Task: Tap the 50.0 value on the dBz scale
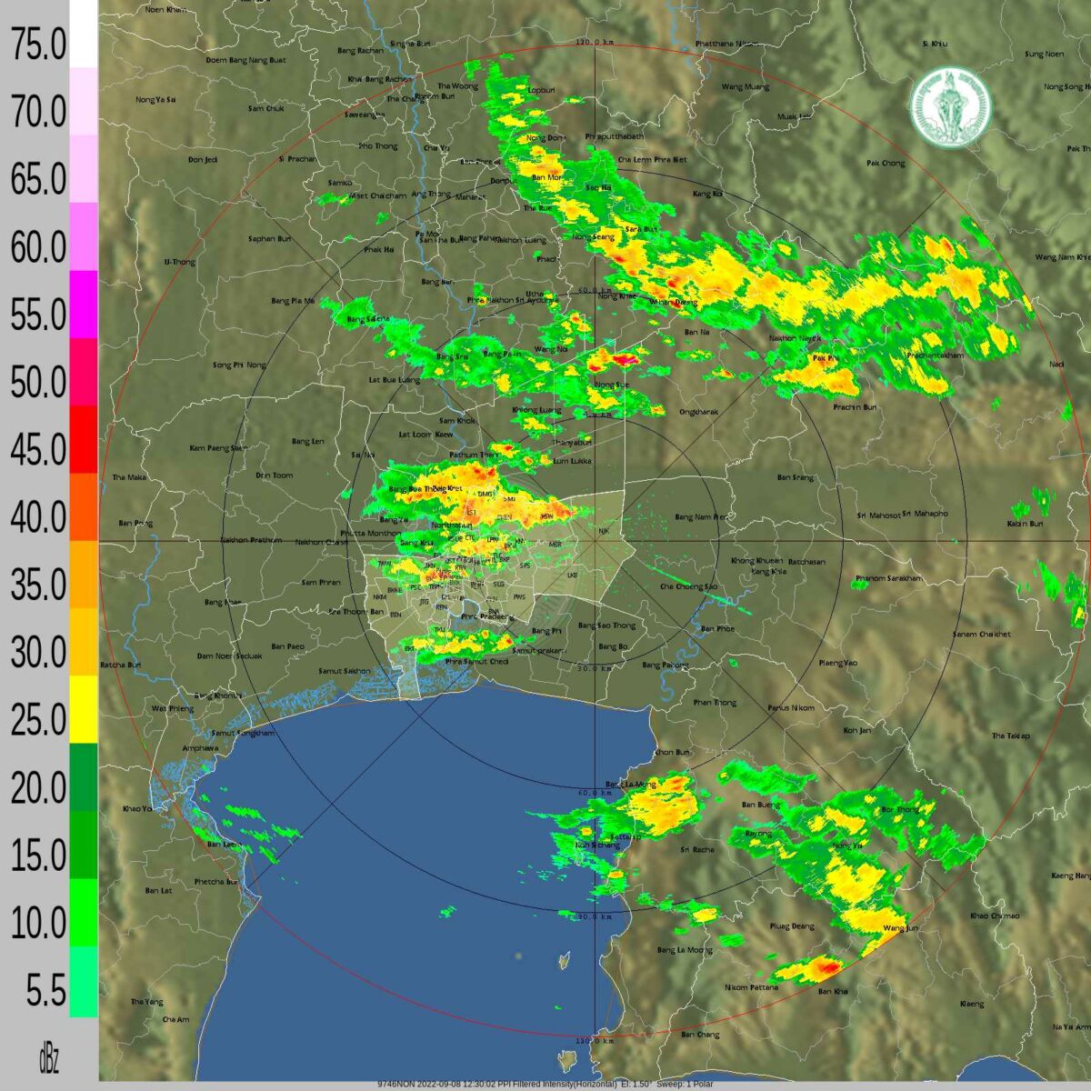pos(38,384)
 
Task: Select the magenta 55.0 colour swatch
pos(84,305)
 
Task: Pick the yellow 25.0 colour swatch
pos(84,709)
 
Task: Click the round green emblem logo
pos(951,107)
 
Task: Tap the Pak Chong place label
pos(886,164)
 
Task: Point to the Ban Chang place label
pos(700,1035)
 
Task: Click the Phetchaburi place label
pos(216,882)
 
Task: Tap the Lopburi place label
pos(541,90)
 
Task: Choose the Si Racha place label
pos(697,850)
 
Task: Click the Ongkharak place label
pos(699,412)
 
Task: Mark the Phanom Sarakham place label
pos(888,579)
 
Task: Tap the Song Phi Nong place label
pos(239,365)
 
